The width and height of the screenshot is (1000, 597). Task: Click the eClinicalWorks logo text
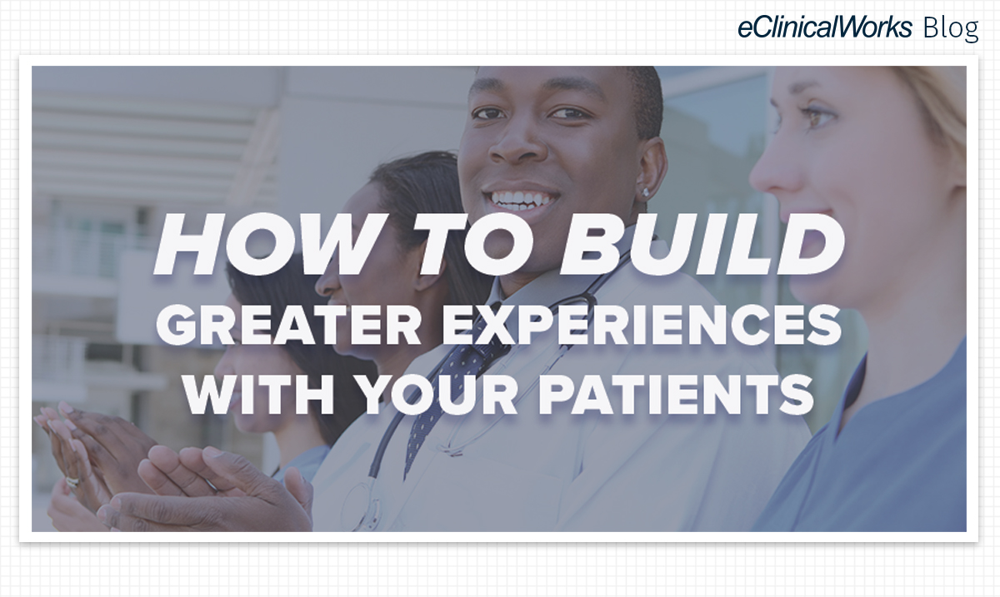pyautogui.click(x=824, y=27)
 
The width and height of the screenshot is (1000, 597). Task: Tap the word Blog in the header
pyautogui.click(x=951, y=28)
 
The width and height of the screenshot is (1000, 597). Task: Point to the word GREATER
pyautogui.click(x=288, y=325)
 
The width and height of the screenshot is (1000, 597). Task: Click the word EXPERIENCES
pyautogui.click(x=642, y=325)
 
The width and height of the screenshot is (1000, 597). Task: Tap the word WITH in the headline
pyautogui.click(x=259, y=395)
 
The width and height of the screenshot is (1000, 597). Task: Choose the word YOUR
pyautogui.click(x=437, y=395)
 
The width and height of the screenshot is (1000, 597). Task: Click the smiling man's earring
pyautogui.click(x=645, y=192)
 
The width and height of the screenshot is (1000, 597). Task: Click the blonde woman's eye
pyautogui.click(x=817, y=117)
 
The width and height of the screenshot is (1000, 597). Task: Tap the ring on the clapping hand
pyautogui.click(x=72, y=482)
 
